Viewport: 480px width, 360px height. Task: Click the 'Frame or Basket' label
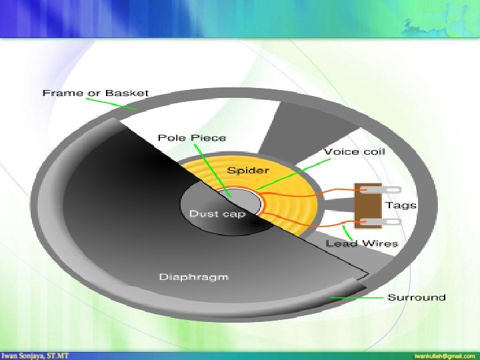[x=95, y=93]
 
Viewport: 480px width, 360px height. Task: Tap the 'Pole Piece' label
[x=191, y=138]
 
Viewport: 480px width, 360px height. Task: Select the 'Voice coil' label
[x=354, y=152]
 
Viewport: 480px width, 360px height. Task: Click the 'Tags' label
[x=401, y=205]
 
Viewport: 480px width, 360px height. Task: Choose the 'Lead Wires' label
[x=361, y=243]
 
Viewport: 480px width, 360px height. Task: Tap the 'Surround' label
[x=417, y=297]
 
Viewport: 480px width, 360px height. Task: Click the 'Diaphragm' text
[x=193, y=277]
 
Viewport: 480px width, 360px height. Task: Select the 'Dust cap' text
[x=217, y=213]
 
